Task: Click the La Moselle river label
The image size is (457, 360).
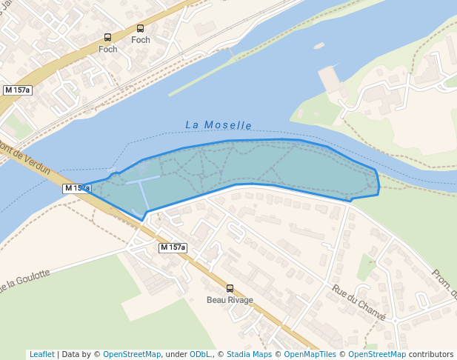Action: [x=219, y=125]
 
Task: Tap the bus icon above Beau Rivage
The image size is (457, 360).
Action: [x=230, y=289]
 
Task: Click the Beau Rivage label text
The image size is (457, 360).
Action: [x=230, y=300]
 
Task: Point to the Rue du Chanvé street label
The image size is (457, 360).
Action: [x=359, y=302]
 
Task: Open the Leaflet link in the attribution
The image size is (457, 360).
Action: [x=42, y=354]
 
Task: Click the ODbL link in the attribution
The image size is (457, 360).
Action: [x=200, y=354]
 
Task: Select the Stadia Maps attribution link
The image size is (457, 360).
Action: [x=249, y=354]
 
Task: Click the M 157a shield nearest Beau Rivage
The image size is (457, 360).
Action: [x=173, y=247]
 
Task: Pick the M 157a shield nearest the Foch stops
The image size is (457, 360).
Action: [x=17, y=90]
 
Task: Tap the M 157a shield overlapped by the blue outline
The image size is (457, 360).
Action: [x=77, y=188]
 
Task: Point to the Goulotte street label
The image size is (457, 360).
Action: [x=25, y=280]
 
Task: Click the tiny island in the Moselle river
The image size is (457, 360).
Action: [x=318, y=46]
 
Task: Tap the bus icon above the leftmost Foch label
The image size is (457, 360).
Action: [x=108, y=38]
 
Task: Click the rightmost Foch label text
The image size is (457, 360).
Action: [x=141, y=40]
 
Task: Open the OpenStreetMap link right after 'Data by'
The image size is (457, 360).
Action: [x=132, y=354]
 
